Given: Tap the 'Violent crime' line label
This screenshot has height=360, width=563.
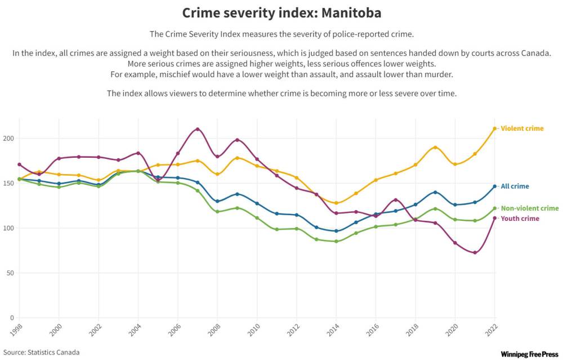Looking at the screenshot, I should point(522,128).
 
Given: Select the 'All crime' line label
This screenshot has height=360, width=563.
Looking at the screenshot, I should point(515,186).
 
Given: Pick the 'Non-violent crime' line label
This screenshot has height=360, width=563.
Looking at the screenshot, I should point(529,208).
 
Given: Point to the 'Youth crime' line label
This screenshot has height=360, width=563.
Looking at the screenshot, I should point(520,219).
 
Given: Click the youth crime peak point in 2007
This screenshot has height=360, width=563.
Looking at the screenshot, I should point(197,129).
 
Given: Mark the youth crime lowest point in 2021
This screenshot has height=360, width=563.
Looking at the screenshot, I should point(475,252).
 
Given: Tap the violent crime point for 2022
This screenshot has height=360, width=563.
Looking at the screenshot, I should point(495,128).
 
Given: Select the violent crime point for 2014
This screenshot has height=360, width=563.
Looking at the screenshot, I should point(336,203).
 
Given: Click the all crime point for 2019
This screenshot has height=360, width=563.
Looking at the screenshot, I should point(435,192).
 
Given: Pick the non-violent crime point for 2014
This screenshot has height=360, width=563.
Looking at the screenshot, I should point(336,241).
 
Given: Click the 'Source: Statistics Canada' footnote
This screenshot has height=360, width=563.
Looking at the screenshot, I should point(41,353).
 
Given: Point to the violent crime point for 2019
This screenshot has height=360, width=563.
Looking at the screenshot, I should point(435,148).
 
